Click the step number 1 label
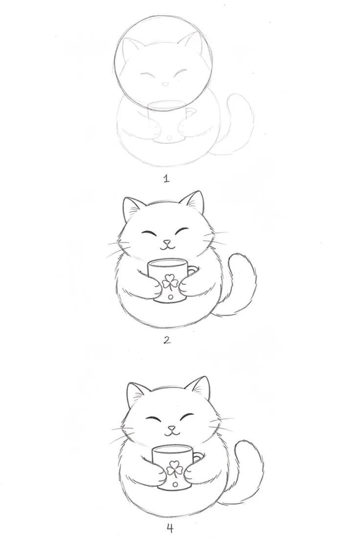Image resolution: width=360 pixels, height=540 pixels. pos(167,179)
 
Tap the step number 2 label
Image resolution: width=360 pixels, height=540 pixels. pos(167,340)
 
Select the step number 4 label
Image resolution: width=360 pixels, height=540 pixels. pos(170,527)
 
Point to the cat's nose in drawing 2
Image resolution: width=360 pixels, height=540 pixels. pos(167,242)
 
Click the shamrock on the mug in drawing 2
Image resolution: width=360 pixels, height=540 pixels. pos(170,282)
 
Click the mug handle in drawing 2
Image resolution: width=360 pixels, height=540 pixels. pos(193,270)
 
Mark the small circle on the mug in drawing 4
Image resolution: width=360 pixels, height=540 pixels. pos(175,484)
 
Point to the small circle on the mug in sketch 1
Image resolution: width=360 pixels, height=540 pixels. pos(169,138)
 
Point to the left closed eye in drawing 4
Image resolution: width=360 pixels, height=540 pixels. pos(154,419)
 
